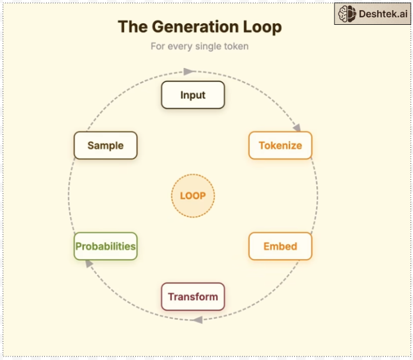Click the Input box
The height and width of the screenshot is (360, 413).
pos(193,95)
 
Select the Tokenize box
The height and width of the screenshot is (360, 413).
pos(280,145)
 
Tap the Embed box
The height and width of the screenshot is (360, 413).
pos(280,247)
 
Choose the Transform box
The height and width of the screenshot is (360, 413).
pos(193,297)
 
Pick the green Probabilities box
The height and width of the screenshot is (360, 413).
pos(105,247)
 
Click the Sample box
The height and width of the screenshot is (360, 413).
pos(105,145)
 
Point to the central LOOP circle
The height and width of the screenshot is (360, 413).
pos(193,196)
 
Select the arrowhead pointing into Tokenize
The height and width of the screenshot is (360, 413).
pos(297,127)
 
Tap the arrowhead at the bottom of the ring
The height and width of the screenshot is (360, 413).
pos(197,320)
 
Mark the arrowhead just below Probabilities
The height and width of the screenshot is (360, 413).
pos(89,264)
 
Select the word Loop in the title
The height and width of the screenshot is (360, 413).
pos(262,27)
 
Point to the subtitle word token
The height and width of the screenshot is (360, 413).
pos(236,46)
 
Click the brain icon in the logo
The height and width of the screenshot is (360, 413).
pos(347,14)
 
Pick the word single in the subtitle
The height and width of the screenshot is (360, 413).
pos(208,46)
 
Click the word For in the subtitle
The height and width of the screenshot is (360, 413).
pos(158,46)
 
